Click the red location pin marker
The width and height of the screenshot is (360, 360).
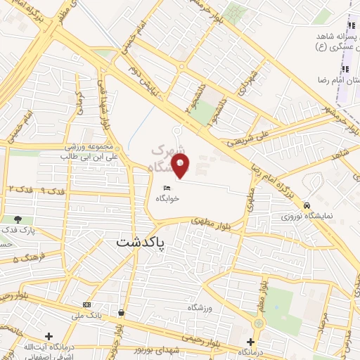[181, 166]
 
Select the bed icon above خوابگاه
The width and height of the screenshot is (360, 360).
[167, 188]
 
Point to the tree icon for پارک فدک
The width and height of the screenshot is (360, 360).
[18, 220]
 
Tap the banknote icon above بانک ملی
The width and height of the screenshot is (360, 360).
[86, 304]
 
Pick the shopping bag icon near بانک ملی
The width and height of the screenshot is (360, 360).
[122, 312]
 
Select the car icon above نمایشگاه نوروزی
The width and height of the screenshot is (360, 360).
[307, 205]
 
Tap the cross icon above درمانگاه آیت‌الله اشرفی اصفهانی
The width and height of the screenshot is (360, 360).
[49, 336]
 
